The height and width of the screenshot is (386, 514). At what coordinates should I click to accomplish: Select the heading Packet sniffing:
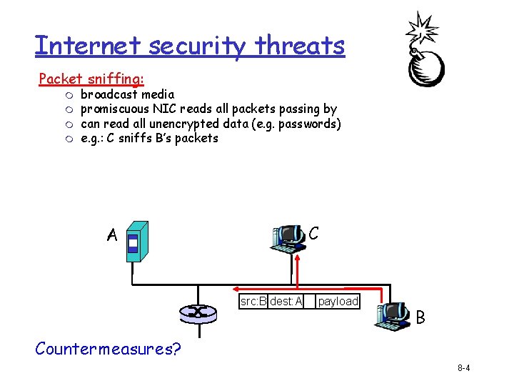91,79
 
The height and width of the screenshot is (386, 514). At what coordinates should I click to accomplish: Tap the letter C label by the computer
313,233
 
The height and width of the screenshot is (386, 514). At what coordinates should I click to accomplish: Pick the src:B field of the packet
253,301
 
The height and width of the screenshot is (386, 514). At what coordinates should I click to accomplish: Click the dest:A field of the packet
286,301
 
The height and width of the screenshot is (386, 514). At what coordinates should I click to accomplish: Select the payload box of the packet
338,301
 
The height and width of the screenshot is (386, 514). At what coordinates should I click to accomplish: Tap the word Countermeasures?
108,349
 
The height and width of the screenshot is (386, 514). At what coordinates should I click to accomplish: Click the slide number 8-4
463,368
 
